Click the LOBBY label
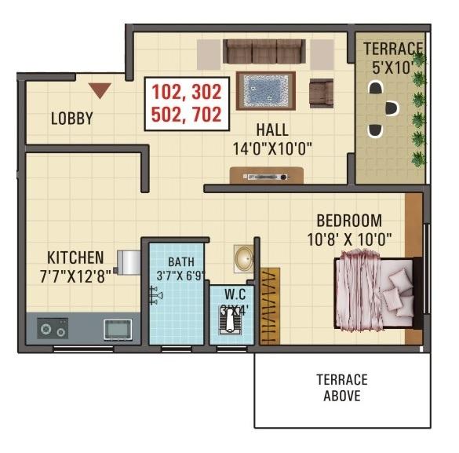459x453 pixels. click(71, 119)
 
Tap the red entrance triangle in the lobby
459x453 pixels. click(100, 90)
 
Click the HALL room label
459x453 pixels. click(271, 130)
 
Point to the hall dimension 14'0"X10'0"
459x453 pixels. click(271, 148)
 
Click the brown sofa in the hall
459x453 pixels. click(264, 52)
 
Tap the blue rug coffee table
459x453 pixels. click(265, 90)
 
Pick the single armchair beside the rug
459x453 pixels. click(321, 92)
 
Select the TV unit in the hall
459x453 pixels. click(267, 176)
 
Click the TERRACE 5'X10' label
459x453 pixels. click(392, 58)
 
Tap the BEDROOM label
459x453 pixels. click(349, 221)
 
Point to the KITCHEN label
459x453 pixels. click(75, 258)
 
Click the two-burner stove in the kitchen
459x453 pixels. click(53, 328)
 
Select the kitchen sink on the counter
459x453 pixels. click(118, 327)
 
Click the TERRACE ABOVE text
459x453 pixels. click(342, 388)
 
